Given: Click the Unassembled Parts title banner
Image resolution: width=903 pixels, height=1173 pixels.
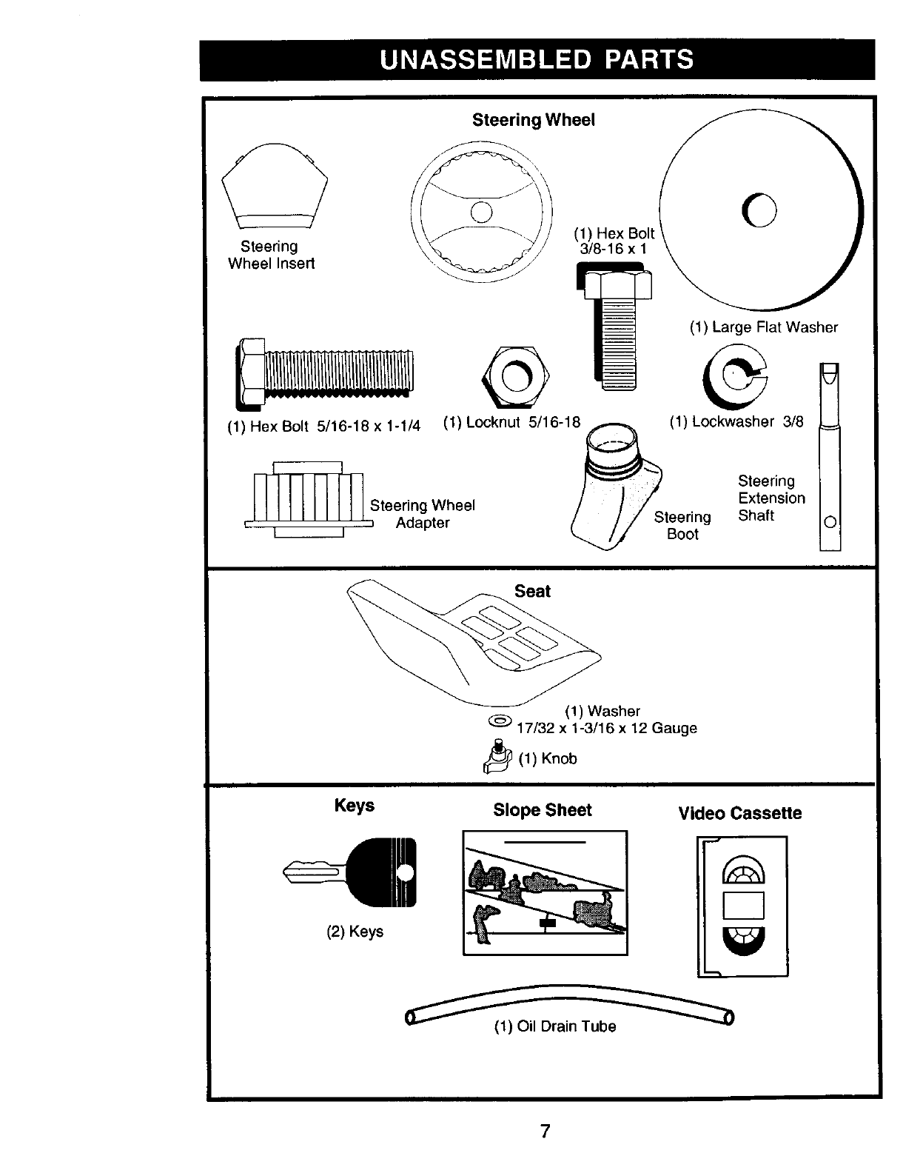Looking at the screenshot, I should tap(537, 59).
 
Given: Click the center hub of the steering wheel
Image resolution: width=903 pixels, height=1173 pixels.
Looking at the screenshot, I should tap(482, 211).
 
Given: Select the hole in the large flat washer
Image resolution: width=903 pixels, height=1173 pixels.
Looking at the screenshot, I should tap(764, 212).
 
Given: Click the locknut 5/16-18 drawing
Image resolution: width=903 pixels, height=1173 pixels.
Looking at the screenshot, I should tap(514, 378).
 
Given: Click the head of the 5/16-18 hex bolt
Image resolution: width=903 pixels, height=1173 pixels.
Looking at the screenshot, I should tap(250, 373).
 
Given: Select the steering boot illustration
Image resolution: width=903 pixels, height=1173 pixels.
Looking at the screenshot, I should tap(614, 489).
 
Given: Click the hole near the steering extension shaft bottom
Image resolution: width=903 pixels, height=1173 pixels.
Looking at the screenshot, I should tap(830, 522).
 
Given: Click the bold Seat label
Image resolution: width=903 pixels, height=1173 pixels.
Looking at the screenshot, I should tap(532, 591).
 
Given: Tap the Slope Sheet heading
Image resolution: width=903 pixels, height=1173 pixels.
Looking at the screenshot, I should tap(543, 810).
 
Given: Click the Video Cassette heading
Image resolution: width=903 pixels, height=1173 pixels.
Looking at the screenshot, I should tap(739, 813).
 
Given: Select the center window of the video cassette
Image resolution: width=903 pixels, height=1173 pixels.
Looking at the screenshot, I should tap(743, 905).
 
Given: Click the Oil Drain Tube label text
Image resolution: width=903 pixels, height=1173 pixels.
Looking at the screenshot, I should tap(555, 1026).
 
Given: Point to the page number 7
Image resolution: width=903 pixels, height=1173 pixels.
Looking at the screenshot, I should tap(545, 1132).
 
